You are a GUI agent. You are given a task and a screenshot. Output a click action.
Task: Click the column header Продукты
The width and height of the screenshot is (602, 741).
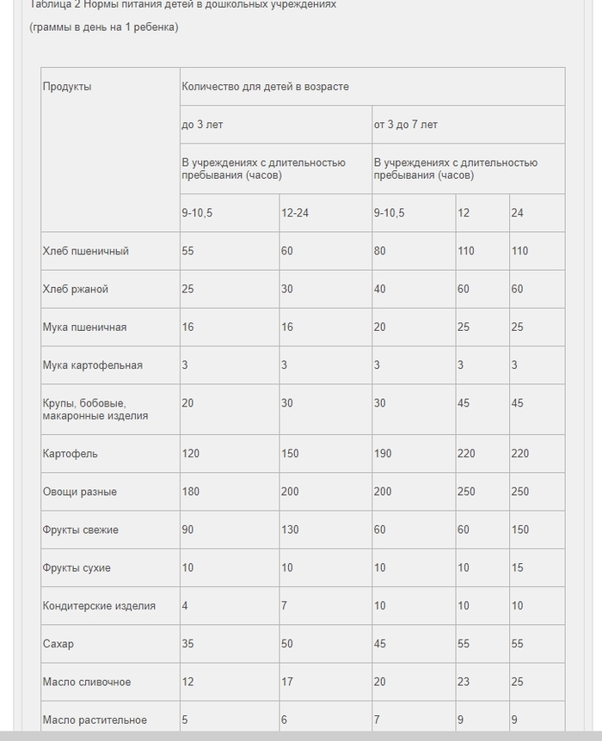tap(67, 87)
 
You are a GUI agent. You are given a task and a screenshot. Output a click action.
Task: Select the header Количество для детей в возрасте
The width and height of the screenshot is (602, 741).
tap(265, 87)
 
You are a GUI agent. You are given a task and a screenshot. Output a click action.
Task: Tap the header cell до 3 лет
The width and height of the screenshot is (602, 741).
tap(202, 125)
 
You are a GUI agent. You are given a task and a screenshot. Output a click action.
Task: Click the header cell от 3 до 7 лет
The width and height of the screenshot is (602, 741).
tap(405, 125)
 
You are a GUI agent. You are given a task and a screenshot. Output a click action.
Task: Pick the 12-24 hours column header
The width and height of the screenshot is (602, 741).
tap(295, 213)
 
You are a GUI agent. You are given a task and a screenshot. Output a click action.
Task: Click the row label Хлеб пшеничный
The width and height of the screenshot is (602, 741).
tap(86, 251)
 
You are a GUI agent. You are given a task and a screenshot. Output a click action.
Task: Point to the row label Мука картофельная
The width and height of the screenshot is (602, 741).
tap(93, 365)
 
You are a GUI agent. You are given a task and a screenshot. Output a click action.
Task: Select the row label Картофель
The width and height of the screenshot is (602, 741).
tap(71, 454)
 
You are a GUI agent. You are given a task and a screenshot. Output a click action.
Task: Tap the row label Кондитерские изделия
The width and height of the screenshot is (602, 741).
tap(99, 606)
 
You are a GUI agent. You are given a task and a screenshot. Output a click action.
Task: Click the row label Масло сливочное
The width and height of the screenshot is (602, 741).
tap(87, 683)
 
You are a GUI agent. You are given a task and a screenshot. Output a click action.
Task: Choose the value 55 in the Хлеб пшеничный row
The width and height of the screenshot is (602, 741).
tap(187, 251)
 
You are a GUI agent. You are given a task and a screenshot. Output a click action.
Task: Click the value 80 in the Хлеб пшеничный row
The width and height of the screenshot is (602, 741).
tap(380, 251)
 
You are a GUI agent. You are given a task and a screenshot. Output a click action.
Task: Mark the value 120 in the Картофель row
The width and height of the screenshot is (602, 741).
tap(191, 454)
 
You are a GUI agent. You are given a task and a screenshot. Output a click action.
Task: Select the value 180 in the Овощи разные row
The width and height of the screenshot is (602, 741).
tap(191, 492)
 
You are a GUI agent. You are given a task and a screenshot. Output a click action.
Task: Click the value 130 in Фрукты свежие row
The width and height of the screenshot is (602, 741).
tap(291, 530)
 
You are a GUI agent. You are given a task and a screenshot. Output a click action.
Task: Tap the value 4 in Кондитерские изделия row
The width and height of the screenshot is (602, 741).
tap(185, 606)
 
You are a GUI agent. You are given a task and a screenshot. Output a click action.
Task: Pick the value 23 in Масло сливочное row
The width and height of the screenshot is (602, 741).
tap(464, 683)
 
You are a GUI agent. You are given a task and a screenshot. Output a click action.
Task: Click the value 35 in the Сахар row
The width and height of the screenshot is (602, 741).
tap(187, 645)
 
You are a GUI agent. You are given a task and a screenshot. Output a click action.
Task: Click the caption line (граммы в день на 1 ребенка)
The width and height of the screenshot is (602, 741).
tap(104, 27)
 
